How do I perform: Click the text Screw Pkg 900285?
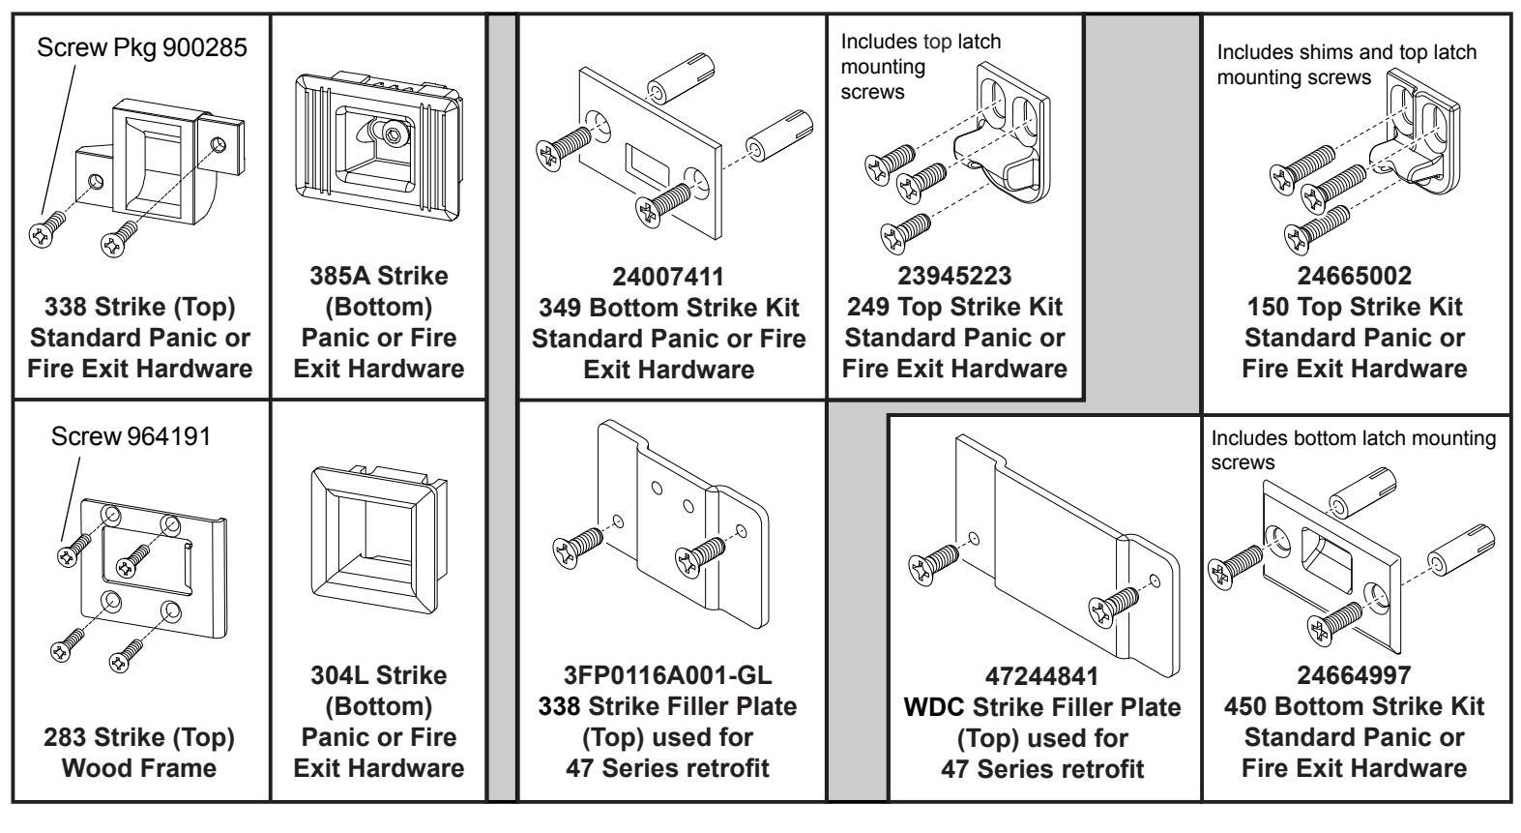coord(141,49)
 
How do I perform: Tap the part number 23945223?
coord(954,277)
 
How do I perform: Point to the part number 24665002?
coord(1354,277)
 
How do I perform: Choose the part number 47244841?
coord(1042,676)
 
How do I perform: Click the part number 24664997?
coord(1354,676)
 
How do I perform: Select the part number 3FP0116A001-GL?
coord(668,676)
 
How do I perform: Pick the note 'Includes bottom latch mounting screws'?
coord(1352,450)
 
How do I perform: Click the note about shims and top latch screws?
coord(1346,64)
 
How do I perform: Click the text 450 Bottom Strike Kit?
coord(1354,706)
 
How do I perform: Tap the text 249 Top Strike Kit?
coord(954,307)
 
